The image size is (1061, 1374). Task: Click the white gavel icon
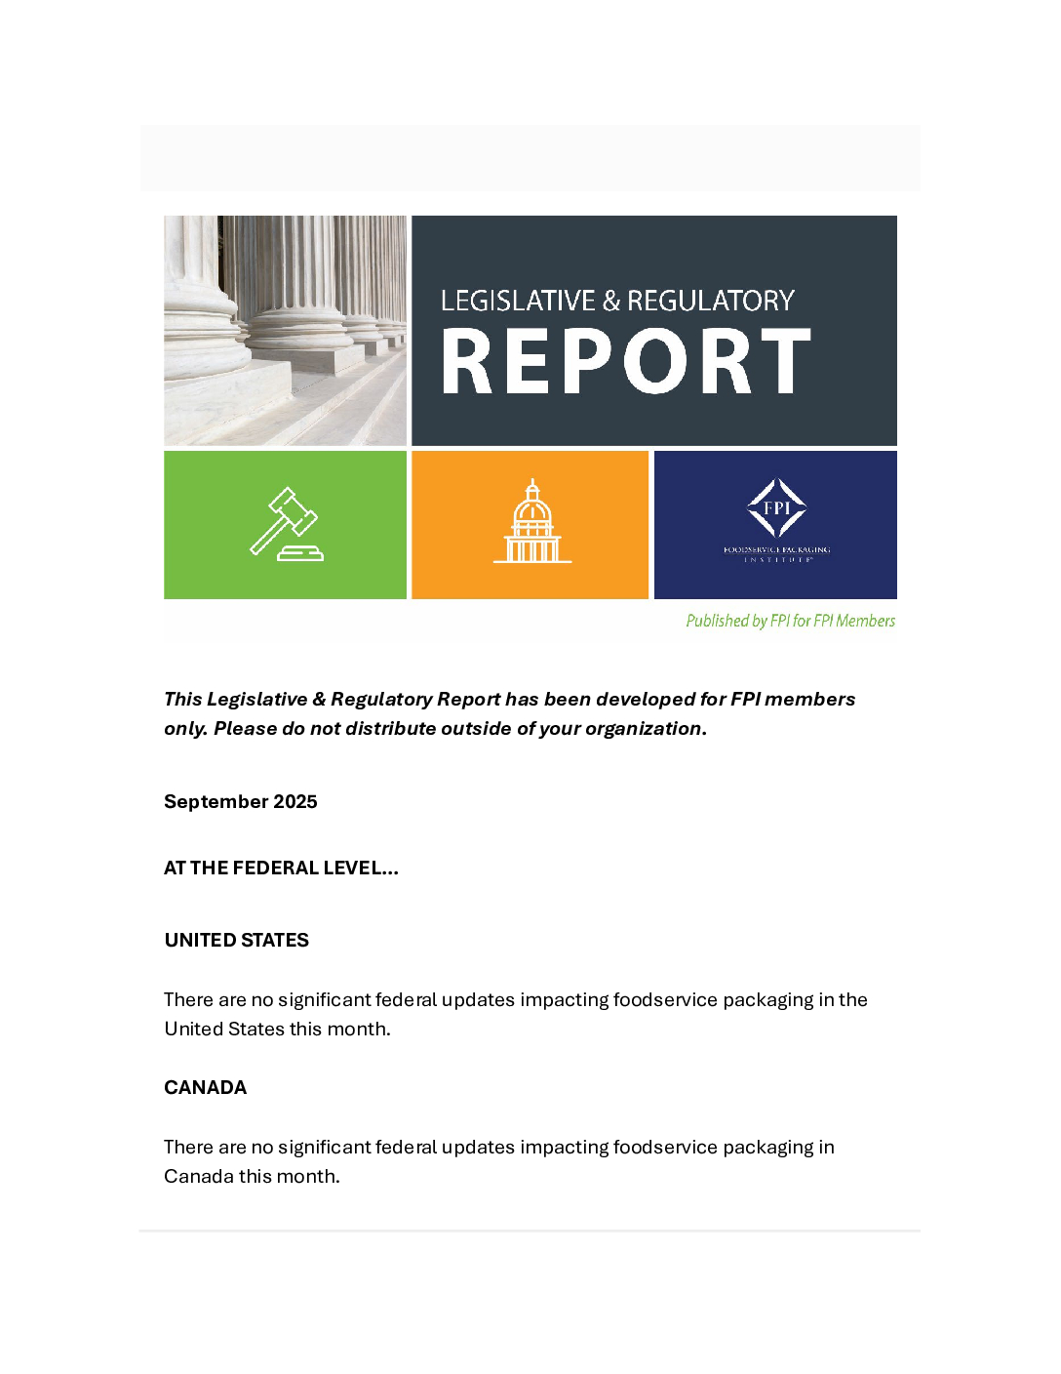[285, 523]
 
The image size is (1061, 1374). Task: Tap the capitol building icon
[531, 523]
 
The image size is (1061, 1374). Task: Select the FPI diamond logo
[776, 507]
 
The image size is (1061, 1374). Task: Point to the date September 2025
[240, 801]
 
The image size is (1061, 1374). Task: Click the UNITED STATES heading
[236, 940]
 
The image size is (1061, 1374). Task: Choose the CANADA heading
[205, 1087]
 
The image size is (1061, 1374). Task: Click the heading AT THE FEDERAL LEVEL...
[281, 868]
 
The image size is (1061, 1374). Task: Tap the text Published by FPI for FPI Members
[790, 621]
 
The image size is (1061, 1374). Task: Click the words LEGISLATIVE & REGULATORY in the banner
[617, 301]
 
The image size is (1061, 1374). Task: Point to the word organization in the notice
[643, 728]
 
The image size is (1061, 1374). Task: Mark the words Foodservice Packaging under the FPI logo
[776, 549]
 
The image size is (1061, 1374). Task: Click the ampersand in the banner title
[611, 301]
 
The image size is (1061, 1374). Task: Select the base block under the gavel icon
[300, 553]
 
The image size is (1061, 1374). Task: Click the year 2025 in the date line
[295, 801]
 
